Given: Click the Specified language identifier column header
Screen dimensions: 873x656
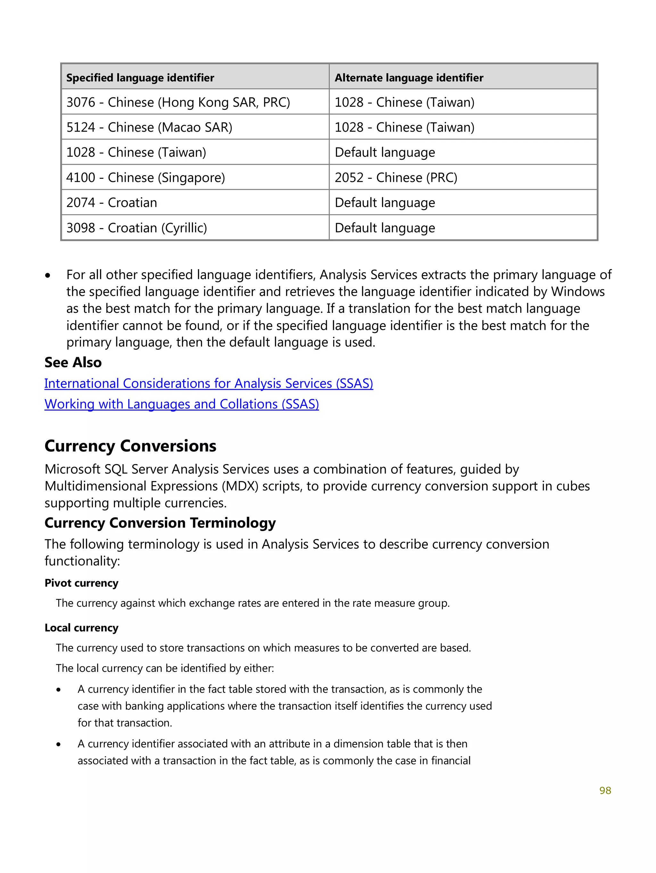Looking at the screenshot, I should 140,78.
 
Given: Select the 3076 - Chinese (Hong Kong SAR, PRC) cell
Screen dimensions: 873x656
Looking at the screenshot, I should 178,102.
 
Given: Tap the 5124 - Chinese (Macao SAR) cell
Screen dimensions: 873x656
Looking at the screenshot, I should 149,127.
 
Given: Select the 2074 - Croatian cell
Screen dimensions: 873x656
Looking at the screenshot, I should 112,203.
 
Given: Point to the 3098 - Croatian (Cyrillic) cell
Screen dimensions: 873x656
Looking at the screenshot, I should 136,228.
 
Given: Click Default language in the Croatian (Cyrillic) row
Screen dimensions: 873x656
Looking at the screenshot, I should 385,228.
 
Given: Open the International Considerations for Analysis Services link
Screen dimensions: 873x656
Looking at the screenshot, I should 209,384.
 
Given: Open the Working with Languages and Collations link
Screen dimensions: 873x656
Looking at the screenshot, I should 182,404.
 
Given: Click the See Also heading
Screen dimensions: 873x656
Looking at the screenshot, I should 73,362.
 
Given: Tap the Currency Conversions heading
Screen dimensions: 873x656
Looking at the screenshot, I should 130,446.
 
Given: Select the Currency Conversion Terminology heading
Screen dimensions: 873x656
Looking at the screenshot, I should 160,523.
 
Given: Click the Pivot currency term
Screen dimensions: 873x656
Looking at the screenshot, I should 81,583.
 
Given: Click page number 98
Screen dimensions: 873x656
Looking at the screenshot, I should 605,790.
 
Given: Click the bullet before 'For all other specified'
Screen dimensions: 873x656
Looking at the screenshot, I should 48,275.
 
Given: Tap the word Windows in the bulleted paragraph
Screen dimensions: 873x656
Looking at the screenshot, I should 578,292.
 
